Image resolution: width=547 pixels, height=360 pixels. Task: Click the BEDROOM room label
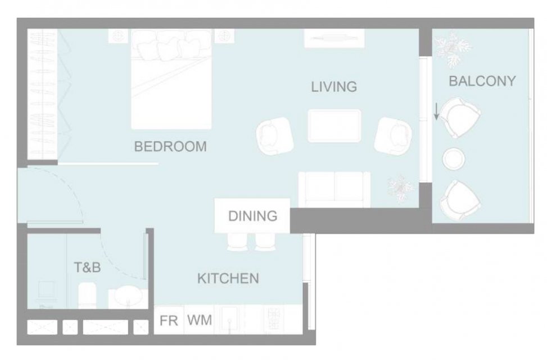click(170, 146)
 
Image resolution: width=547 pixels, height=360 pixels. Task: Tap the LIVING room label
click(334, 87)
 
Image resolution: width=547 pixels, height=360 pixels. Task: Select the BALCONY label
click(482, 81)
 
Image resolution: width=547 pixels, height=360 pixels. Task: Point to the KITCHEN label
click(228, 278)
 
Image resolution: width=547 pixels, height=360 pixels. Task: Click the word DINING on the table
click(253, 216)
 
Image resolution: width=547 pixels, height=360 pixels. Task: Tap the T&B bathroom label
click(88, 267)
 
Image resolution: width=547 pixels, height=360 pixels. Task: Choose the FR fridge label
click(169, 321)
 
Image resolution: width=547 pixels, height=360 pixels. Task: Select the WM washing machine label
click(200, 320)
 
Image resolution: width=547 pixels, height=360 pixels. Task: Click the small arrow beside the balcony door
click(436, 111)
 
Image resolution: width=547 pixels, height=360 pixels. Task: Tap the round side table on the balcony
click(454, 159)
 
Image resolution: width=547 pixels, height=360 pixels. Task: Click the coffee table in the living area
click(334, 125)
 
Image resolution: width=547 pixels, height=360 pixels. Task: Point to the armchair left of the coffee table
click(275, 136)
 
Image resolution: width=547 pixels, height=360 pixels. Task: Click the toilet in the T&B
click(87, 295)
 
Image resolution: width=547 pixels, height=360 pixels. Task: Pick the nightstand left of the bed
click(118, 36)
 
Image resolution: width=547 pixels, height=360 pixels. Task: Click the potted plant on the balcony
click(452, 49)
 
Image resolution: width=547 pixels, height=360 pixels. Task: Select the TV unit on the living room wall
click(334, 38)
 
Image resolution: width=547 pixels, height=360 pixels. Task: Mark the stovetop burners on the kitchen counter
click(274, 319)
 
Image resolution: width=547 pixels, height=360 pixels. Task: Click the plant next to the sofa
click(401, 188)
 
